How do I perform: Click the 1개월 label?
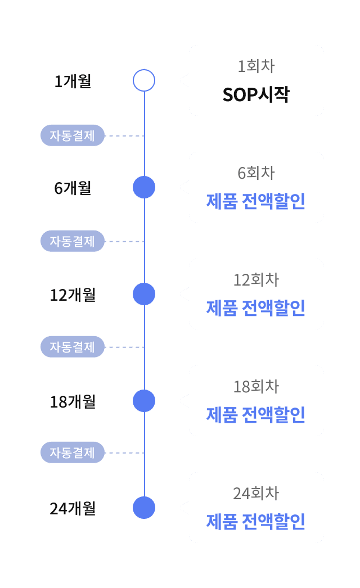(73, 82)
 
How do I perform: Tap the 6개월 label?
(73, 188)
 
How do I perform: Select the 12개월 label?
(73, 295)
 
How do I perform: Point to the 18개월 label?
(73, 401)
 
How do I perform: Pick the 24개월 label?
(73, 508)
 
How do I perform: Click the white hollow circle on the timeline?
(144, 80)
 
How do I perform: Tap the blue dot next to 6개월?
(144, 187)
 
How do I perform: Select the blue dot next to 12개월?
(144, 294)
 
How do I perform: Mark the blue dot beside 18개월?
(144, 401)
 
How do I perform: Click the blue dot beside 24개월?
(144, 508)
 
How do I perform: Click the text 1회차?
(256, 66)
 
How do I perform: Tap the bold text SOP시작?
(256, 94)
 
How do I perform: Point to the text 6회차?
(256, 173)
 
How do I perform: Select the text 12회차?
(256, 280)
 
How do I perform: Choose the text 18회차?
(256, 387)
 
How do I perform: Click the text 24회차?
(256, 494)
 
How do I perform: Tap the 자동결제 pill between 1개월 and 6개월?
(73, 135)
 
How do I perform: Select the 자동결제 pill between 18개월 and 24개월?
(73, 453)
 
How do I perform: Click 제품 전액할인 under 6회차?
(256, 201)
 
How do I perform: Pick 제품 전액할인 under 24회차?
(256, 522)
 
